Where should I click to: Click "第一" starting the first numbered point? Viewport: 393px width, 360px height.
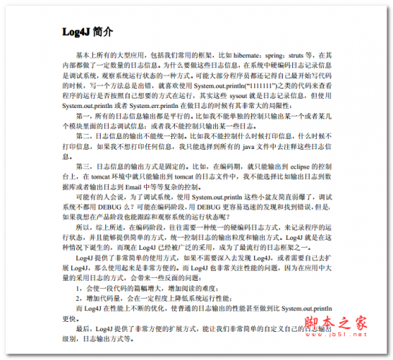click(81, 114)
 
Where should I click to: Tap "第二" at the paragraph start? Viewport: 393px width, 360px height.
click(81, 135)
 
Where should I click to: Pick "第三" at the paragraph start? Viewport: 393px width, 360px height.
click(81, 165)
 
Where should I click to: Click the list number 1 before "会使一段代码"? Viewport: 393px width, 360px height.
click(78, 286)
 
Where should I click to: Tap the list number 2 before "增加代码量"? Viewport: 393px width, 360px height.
click(78, 296)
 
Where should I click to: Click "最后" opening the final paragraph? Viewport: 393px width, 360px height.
click(81, 326)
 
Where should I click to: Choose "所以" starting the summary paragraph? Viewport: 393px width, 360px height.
click(81, 225)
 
